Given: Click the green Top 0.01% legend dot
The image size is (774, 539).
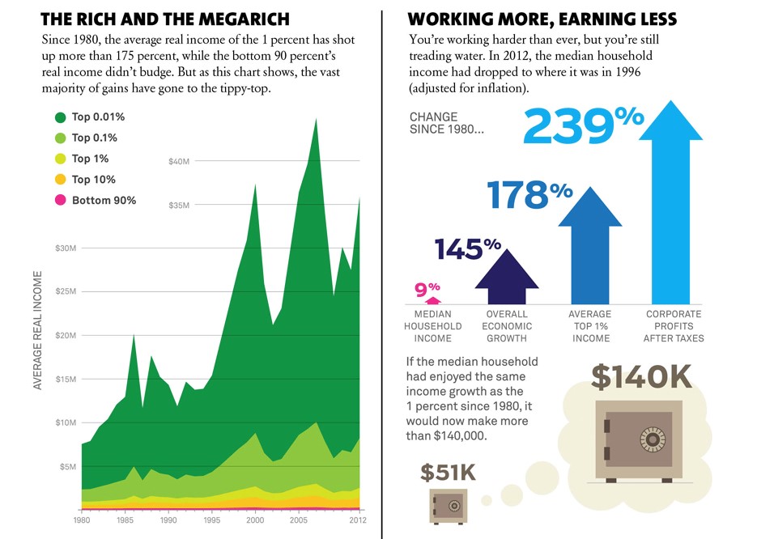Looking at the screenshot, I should click(60, 117).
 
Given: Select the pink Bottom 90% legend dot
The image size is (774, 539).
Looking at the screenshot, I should click(60, 201).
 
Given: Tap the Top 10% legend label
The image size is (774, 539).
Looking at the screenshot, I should click(94, 180).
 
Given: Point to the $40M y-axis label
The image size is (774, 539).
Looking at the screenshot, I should click(179, 162).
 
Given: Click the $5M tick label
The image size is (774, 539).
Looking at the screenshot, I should click(67, 466).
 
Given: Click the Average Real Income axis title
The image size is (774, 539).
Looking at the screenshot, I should click(38, 330).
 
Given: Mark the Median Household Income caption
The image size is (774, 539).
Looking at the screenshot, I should click(432, 326).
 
